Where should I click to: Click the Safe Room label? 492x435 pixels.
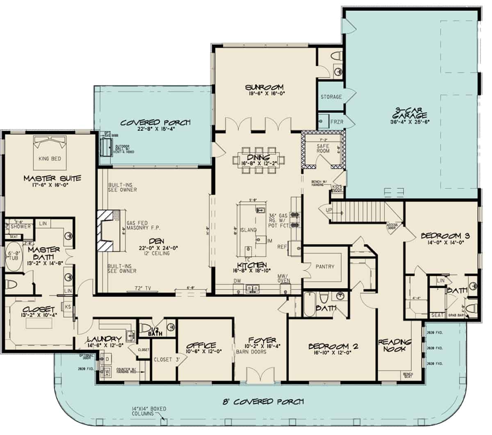click(x=323, y=148)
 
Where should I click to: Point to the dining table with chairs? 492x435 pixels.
click(x=259, y=158)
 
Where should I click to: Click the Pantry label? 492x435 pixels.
click(x=325, y=267)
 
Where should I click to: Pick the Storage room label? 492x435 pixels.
click(x=331, y=97)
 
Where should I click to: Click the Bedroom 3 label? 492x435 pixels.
click(x=445, y=236)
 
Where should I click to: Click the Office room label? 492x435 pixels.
click(x=200, y=345)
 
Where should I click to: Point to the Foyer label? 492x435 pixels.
click(x=262, y=340)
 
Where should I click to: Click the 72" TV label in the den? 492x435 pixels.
click(x=143, y=288)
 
